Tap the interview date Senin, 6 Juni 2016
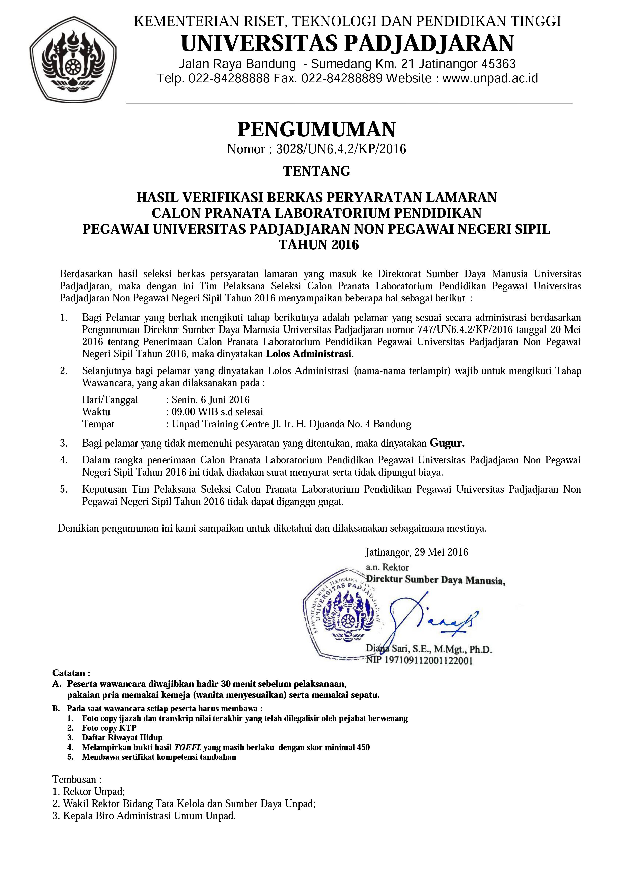click(x=210, y=400)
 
